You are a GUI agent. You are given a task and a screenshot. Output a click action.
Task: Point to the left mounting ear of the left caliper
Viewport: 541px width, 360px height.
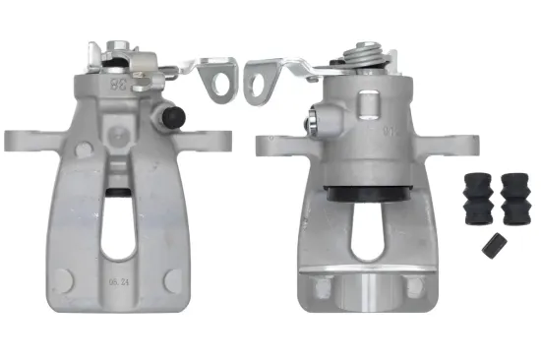22,138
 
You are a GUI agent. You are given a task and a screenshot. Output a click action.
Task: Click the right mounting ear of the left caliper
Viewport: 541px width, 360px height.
218,139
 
